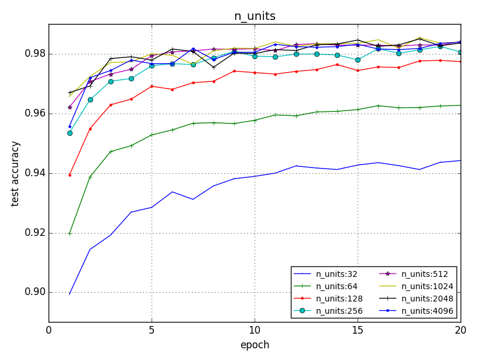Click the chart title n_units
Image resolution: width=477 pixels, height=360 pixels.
pos(255,16)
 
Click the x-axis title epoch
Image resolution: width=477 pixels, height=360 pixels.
pos(255,345)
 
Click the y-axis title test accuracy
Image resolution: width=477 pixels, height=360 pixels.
pos(16,173)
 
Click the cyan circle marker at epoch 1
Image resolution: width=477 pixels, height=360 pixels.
pos(70,133)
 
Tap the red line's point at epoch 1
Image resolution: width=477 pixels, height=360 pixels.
pos(70,175)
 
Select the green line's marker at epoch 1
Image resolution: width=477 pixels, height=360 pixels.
pos(70,234)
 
